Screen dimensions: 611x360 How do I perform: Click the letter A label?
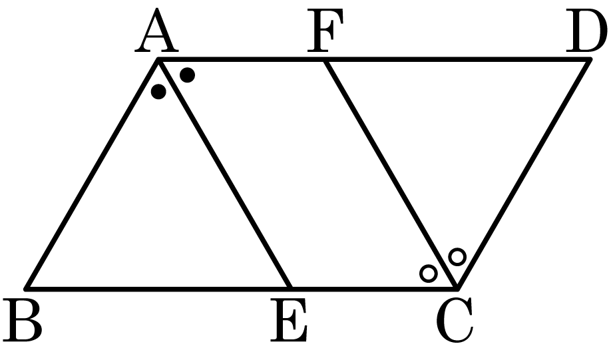156,31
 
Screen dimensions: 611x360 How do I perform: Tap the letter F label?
325,31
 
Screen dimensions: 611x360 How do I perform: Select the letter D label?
587,31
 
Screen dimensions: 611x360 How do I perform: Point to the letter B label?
22,320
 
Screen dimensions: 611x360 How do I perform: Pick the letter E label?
288,320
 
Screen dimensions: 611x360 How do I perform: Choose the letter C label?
455,320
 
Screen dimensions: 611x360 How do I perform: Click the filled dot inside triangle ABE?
158,92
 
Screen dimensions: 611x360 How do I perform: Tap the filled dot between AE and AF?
188,75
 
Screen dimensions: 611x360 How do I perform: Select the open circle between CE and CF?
428,273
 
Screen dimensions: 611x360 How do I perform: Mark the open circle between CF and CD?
457,257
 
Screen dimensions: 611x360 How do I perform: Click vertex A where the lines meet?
158,59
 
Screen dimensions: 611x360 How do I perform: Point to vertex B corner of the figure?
26,289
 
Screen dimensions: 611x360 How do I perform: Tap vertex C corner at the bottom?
457,289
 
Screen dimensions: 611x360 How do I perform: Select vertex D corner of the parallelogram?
590,59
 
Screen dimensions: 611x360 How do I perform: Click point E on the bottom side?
291,289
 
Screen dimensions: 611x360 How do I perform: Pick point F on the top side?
325,59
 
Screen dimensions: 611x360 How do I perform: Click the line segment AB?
92,174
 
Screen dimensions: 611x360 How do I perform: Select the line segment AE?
225,174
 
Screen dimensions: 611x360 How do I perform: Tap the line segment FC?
391,174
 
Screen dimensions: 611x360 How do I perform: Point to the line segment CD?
524,174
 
